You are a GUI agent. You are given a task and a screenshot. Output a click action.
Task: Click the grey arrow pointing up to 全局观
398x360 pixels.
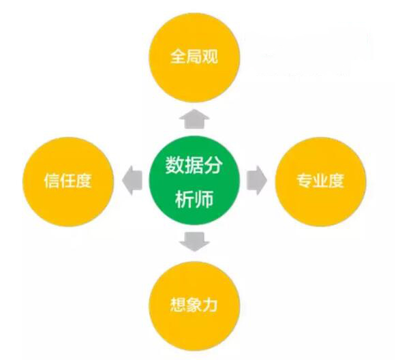tap(194, 119)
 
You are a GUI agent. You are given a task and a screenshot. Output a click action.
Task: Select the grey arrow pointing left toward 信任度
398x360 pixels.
tap(132, 180)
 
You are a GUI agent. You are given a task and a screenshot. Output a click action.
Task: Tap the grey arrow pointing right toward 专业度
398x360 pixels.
tap(257, 180)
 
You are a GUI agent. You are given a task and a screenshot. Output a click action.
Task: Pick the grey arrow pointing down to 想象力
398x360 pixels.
tap(194, 241)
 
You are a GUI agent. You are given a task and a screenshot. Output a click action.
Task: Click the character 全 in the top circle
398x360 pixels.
tap(179, 57)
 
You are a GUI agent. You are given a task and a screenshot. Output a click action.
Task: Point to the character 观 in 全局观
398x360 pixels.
tap(210, 57)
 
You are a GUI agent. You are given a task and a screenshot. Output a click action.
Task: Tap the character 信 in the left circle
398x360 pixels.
tap(52, 181)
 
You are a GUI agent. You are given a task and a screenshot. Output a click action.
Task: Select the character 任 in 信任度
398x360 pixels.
tap(67, 181)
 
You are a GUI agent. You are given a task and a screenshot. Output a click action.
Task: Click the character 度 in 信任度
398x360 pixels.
tap(83, 181)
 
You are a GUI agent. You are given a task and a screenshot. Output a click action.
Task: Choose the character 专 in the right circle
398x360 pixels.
tap(305, 180)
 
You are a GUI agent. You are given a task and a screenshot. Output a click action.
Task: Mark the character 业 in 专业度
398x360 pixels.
tap(320, 180)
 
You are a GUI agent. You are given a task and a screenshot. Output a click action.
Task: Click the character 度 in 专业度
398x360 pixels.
tap(336, 180)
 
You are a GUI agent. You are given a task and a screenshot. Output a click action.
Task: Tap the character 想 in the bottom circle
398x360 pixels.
tap(178, 305)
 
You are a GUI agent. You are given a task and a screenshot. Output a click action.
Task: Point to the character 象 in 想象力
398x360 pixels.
tap(194, 305)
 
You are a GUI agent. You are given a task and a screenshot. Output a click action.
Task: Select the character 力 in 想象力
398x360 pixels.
tap(209, 305)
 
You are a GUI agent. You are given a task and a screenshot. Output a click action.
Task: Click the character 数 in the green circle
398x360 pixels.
tap(175, 165)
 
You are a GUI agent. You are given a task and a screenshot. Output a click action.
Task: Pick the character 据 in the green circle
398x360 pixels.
tap(194, 165)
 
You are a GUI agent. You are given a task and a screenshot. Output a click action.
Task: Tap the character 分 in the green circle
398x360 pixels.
tap(213, 165)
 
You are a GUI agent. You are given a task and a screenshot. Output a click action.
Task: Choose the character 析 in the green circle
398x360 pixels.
tap(185, 198)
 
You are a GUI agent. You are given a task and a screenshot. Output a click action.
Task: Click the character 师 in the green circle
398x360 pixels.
tap(204, 198)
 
